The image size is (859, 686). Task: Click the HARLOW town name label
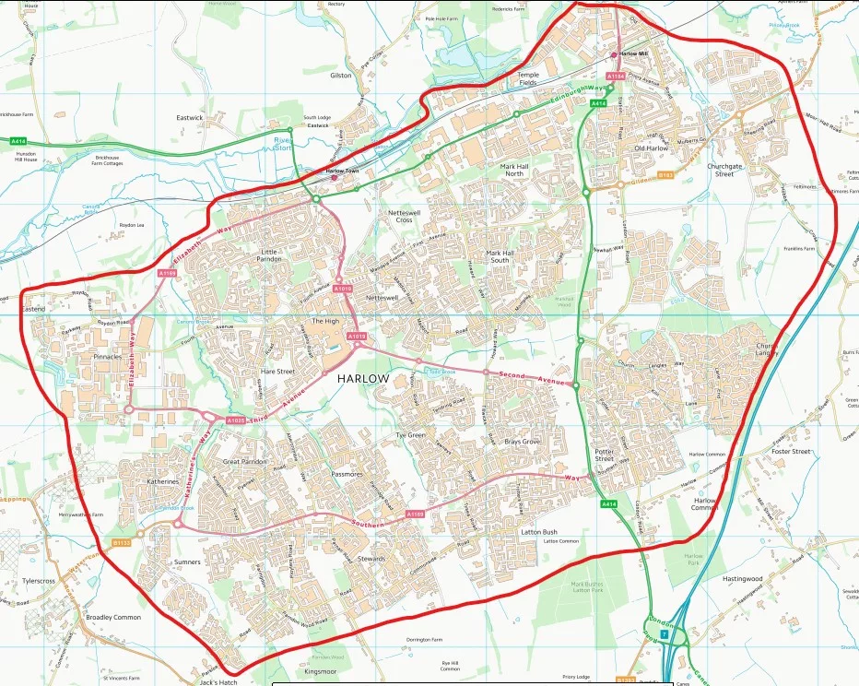[363, 379]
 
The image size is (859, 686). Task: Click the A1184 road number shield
[615, 76]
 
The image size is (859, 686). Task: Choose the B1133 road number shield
[122, 543]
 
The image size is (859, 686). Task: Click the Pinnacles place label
[107, 356]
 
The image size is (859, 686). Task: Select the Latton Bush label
[538, 532]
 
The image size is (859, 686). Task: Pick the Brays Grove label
[522, 443]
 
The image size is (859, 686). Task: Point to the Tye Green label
[410, 435]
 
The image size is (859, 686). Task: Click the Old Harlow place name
[651, 148]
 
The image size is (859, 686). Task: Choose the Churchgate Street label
[724, 170]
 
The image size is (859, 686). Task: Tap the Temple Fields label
[527, 78]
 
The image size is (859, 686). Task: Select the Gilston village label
[341, 76]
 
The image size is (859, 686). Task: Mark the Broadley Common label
[113, 617]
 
